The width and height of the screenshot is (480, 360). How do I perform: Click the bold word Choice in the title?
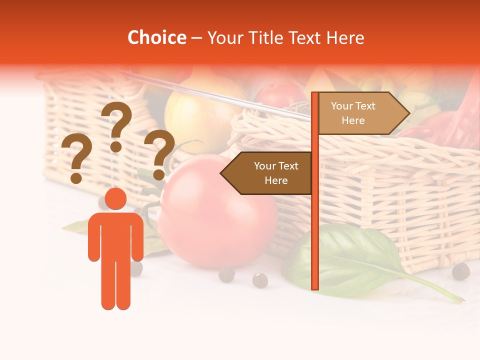[156, 37]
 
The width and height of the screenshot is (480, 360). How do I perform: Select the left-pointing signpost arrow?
[267, 173]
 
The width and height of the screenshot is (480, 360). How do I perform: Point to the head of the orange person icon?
[115, 198]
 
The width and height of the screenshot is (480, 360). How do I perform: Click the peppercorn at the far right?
[460, 271]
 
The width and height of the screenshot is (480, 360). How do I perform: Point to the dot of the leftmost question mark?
[76, 178]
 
